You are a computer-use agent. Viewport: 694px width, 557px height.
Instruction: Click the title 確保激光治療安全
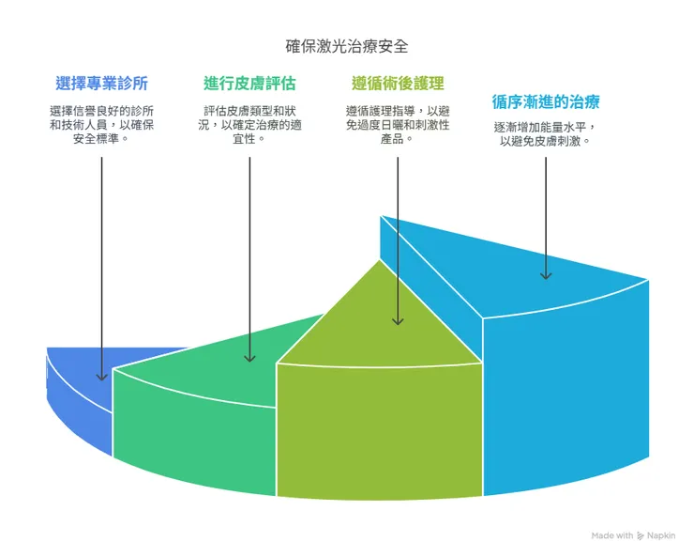click(x=347, y=44)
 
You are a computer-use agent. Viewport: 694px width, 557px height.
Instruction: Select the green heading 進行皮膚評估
click(x=249, y=83)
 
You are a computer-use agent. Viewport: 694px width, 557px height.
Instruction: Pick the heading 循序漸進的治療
click(x=546, y=101)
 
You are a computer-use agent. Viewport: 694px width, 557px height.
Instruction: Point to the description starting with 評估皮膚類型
click(x=249, y=123)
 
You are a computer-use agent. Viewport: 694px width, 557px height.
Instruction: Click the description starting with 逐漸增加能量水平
click(x=546, y=134)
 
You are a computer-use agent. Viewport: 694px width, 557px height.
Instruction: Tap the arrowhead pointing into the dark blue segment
click(x=101, y=376)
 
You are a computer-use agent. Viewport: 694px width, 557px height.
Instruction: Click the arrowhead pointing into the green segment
click(x=249, y=357)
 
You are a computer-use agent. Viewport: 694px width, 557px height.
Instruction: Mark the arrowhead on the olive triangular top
click(x=398, y=320)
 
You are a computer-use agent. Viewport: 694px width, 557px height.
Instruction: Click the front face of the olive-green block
click(x=380, y=423)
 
